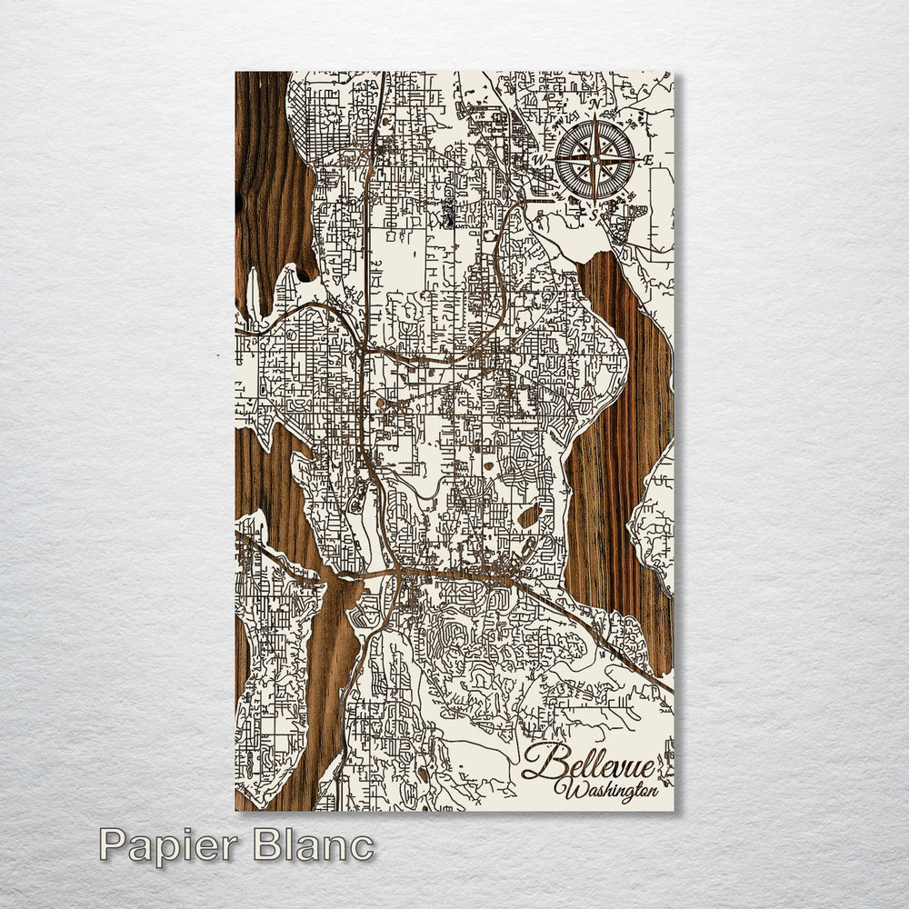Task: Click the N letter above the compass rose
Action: [x=595, y=107]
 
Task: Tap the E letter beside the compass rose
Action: [x=647, y=161]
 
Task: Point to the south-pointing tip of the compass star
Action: [x=595, y=201]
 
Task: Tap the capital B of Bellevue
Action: [x=537, y=762]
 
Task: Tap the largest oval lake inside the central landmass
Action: [x=529, y=516]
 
